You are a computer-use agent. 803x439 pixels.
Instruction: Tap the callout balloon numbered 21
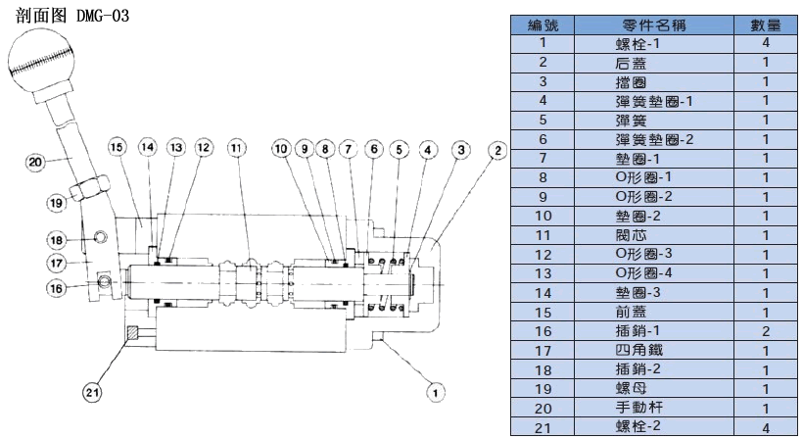click(x=92, y=392)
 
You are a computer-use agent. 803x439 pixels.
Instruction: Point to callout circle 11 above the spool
click(x=236, y=148)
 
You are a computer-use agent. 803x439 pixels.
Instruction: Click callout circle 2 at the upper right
click(x=497, y=150)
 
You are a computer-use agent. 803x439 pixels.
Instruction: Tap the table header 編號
click(x=542, y=24)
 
